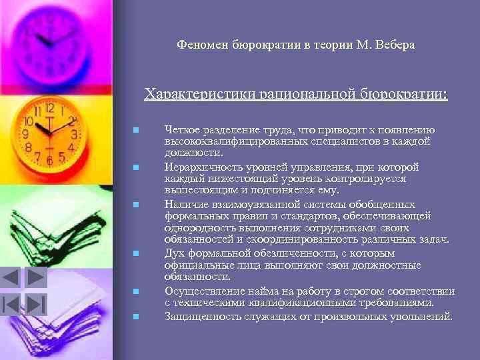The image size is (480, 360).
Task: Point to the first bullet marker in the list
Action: coord(135,129)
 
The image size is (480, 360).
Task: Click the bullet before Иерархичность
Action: coord(135,167)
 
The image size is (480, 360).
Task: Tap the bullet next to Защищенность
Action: coord(135,316)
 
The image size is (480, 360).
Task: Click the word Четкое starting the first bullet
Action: coord(180,129)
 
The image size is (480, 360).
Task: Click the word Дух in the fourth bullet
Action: coord(174,253)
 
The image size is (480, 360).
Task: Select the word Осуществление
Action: coord(198,291)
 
